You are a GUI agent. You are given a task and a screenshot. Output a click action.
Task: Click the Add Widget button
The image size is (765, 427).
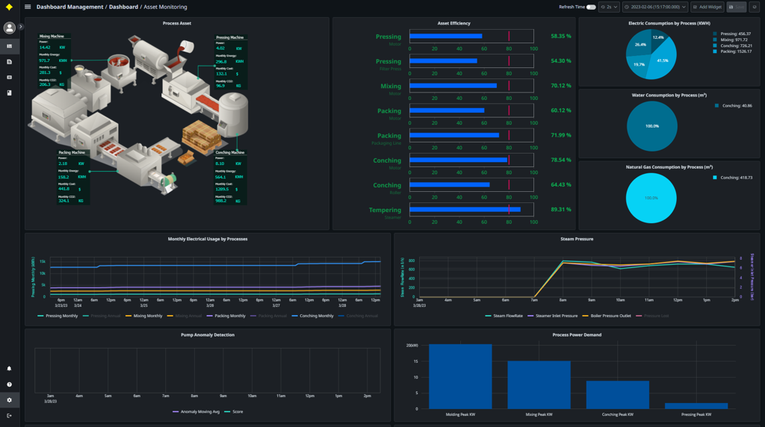(707, 7)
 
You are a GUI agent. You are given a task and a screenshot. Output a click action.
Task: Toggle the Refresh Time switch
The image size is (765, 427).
(591, 7)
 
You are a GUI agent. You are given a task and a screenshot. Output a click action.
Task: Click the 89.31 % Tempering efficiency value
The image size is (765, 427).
(560, 210)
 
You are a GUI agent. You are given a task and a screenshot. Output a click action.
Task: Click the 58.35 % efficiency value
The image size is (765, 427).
(560, 36)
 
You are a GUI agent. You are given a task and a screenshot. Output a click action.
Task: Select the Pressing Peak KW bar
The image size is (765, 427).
(696, 405)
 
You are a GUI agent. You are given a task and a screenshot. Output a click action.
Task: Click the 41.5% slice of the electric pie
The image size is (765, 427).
(663, 61)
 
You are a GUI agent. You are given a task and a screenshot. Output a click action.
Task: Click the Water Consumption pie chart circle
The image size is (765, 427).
(651, 126)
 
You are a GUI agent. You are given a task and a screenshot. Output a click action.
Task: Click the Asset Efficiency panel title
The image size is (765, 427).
(453, 23)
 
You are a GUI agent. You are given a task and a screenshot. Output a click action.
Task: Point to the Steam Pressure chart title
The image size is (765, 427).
(576, 239)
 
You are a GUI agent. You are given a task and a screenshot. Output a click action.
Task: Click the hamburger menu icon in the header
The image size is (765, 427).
(28, 7)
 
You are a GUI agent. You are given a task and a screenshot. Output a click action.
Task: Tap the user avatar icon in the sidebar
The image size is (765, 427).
(10, 28)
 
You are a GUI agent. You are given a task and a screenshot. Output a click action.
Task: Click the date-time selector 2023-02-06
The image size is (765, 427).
(654, 7)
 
